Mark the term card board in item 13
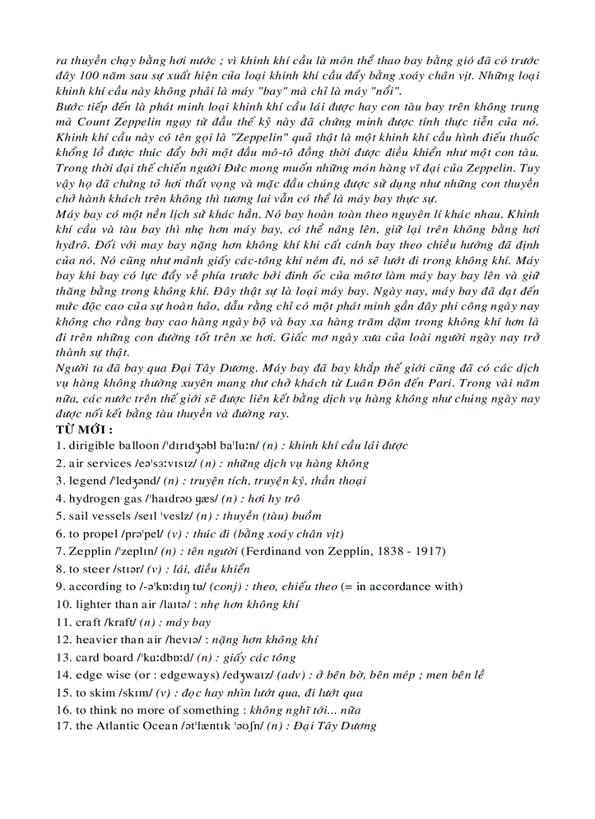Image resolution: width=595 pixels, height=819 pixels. click(105, 658)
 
